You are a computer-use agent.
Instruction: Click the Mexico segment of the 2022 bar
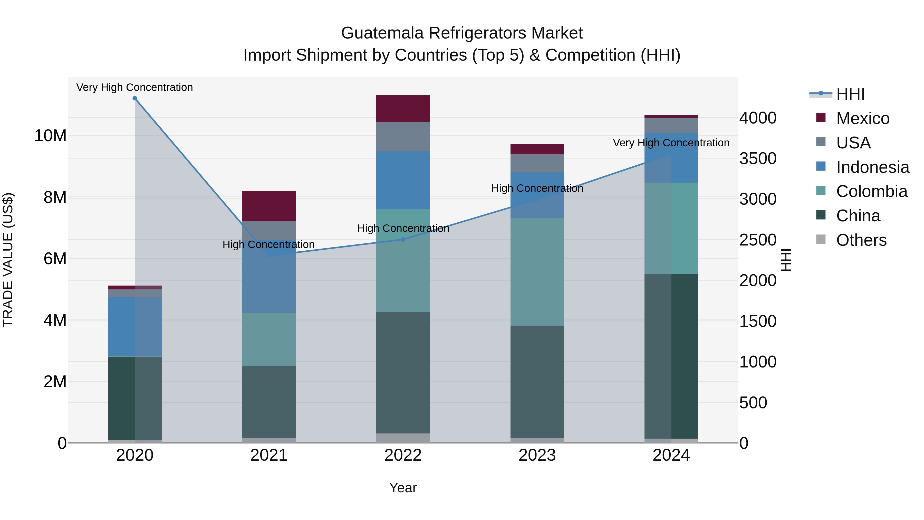pos(403,109)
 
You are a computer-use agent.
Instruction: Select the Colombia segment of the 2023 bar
pos(537,272)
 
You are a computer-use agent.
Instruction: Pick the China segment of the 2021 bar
pos(269,402)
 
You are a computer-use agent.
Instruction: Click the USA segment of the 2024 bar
pos(671,126)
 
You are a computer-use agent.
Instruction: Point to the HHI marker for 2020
pos(135,98)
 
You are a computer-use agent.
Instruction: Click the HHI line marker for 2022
pos(403,239)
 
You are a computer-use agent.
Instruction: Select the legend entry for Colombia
pos(872,191)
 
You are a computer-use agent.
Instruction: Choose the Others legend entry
pos(861,240)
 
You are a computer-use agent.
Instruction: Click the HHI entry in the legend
pos(850,94)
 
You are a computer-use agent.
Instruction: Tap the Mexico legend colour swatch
pos(821,118)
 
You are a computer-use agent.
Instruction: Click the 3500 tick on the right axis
pos(758,159)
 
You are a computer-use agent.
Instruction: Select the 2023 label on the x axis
pos(537,455)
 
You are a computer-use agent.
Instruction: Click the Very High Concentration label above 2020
pos(134,87)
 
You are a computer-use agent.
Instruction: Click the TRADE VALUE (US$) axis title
pos(8,260)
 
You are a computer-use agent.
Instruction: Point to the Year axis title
pos(403,488)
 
